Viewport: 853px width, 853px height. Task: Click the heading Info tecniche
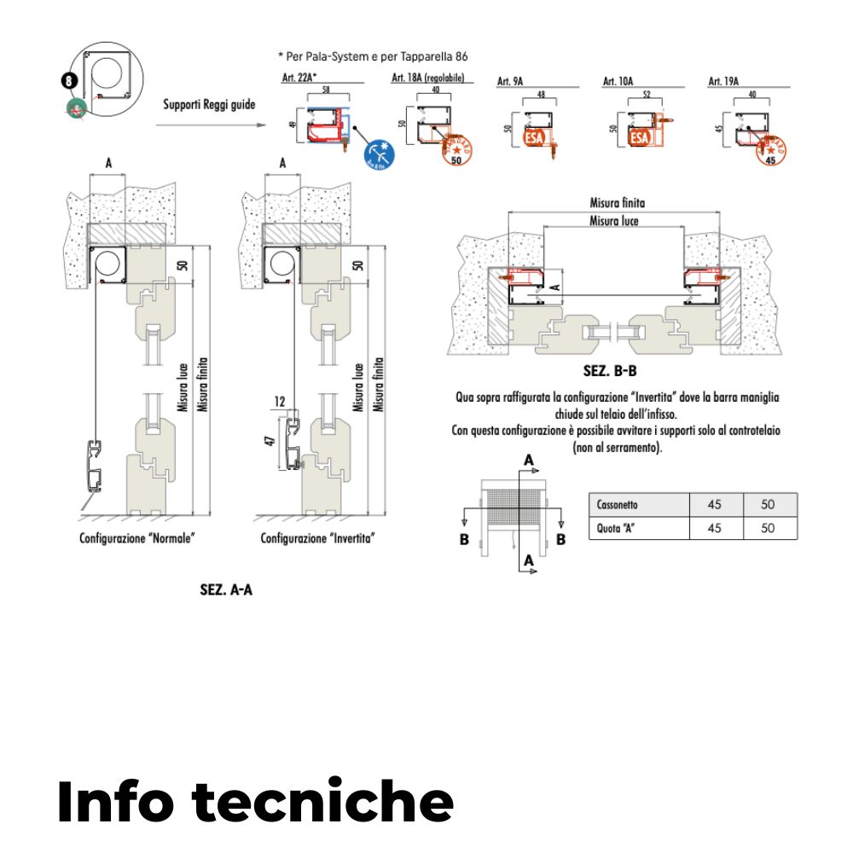point(255,800)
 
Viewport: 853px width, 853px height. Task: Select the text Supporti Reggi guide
point(209,105)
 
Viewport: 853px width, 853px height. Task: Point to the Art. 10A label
point(618,81)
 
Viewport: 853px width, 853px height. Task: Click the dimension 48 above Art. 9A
point(541,94)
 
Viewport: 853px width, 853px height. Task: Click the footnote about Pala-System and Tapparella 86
point(374,56)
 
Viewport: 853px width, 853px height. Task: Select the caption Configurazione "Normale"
point(137,539)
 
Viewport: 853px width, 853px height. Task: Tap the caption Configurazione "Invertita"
point(318,539)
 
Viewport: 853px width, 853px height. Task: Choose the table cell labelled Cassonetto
point(637,504)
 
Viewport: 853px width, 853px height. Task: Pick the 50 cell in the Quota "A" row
point(768,528)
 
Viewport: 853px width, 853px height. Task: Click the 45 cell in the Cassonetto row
point(715,504)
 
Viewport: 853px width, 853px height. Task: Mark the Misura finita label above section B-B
point(617,203)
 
